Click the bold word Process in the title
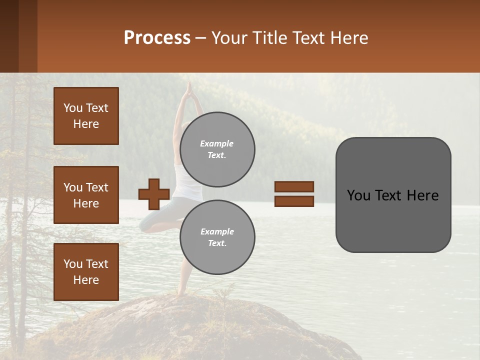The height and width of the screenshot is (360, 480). [x=157, y=38]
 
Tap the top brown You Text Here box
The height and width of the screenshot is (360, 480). [x=86, y=116]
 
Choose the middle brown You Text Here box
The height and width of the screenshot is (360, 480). [x=86, y=195]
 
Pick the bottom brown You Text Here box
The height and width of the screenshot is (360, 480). [x=86, y=272]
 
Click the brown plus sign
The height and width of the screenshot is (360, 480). [x=154, y=194]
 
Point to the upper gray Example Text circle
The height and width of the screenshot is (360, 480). [x=217, y=149]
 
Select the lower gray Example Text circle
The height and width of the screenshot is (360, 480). [x=217, y=237]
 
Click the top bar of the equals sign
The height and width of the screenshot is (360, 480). [x=294, y=186]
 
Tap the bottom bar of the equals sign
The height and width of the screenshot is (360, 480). [x=294, y=201]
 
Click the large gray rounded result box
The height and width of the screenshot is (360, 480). [x=393, y=195]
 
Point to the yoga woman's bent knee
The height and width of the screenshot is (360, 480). [x=144, y=223]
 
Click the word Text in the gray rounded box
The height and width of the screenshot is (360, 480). [x=393, y=195]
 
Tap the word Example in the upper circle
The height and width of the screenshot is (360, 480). [x=216, y=143]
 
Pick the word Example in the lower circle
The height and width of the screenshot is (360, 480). [x=217, y=231]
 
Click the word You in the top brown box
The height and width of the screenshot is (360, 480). [x=72, y=108]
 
